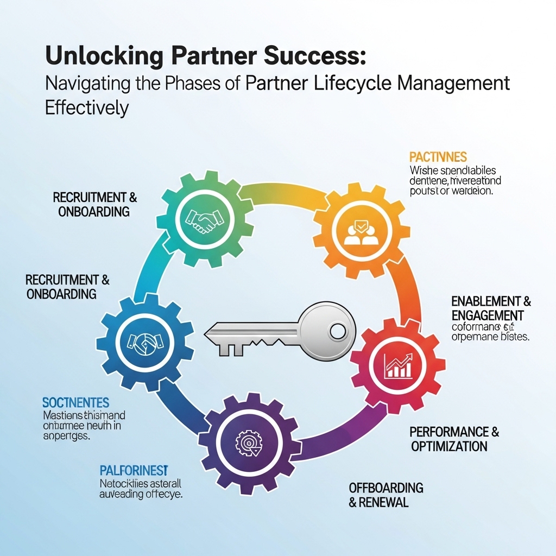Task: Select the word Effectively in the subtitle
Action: pos(86,107)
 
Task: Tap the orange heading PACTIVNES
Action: pos(438,157)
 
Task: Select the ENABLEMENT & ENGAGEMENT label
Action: pos(491,308)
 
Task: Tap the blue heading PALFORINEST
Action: pos(134,469)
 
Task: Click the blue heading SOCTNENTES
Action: pos(75,402)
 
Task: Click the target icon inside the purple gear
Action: pos(249,443)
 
